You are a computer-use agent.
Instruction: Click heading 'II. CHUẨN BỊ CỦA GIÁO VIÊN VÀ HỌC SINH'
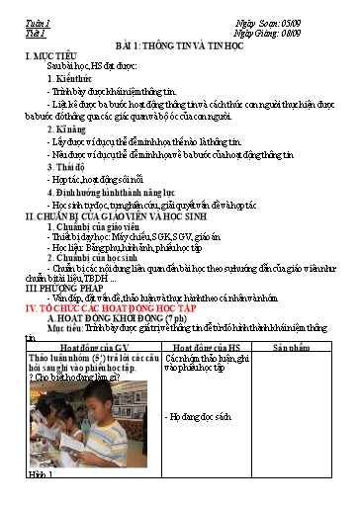(x=130, y=216)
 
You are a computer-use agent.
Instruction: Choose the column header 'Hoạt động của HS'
(x=207, y=349)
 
